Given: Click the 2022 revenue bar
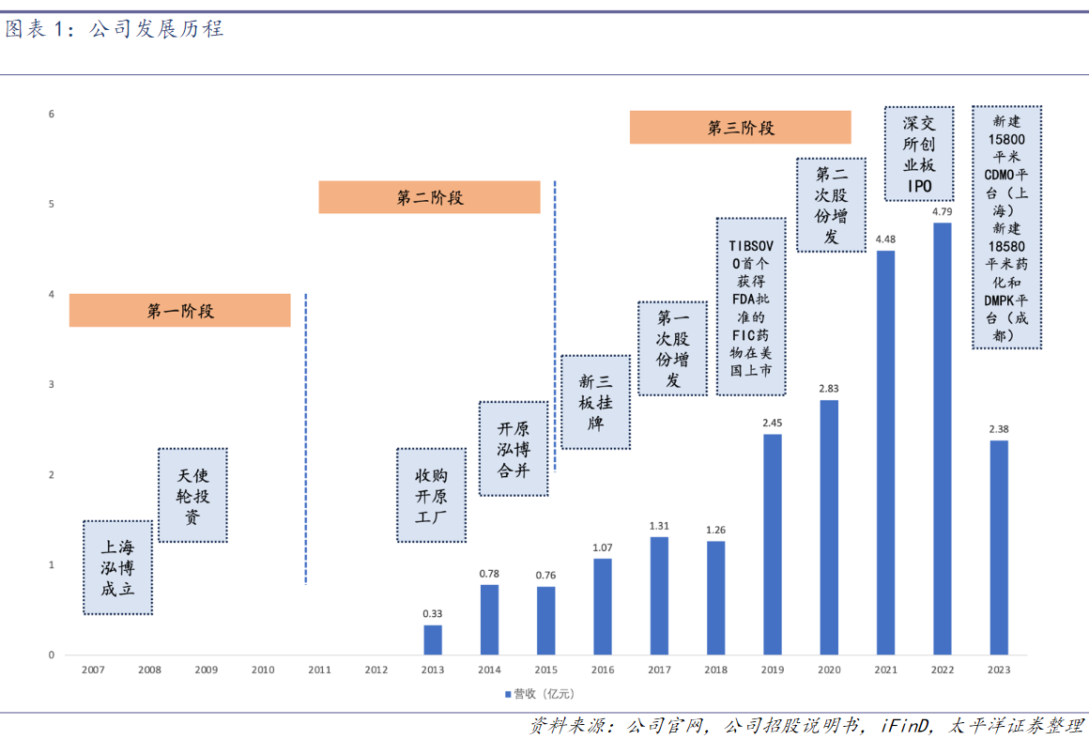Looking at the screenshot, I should (942, 438).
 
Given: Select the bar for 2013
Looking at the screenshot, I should (433, 640).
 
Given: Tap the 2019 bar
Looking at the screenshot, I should (773, 544).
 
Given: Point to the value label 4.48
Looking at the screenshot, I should (885, 239).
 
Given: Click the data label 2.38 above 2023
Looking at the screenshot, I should (999, 429).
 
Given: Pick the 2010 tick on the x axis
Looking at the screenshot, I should (263, 671).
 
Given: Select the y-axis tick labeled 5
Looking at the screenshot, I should (52, 204).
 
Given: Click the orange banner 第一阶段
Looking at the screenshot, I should (180, 311).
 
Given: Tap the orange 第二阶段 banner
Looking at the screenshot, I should (430, 197).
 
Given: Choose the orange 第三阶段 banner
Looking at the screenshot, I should (740, 128).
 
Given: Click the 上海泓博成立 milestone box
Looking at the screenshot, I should (118, 567).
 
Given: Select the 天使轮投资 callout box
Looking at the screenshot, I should (192, 495).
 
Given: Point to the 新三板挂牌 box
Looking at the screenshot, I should (595, 402).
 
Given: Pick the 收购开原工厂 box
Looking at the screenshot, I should (432, 496).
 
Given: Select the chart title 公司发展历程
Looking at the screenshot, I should (156, 29).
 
